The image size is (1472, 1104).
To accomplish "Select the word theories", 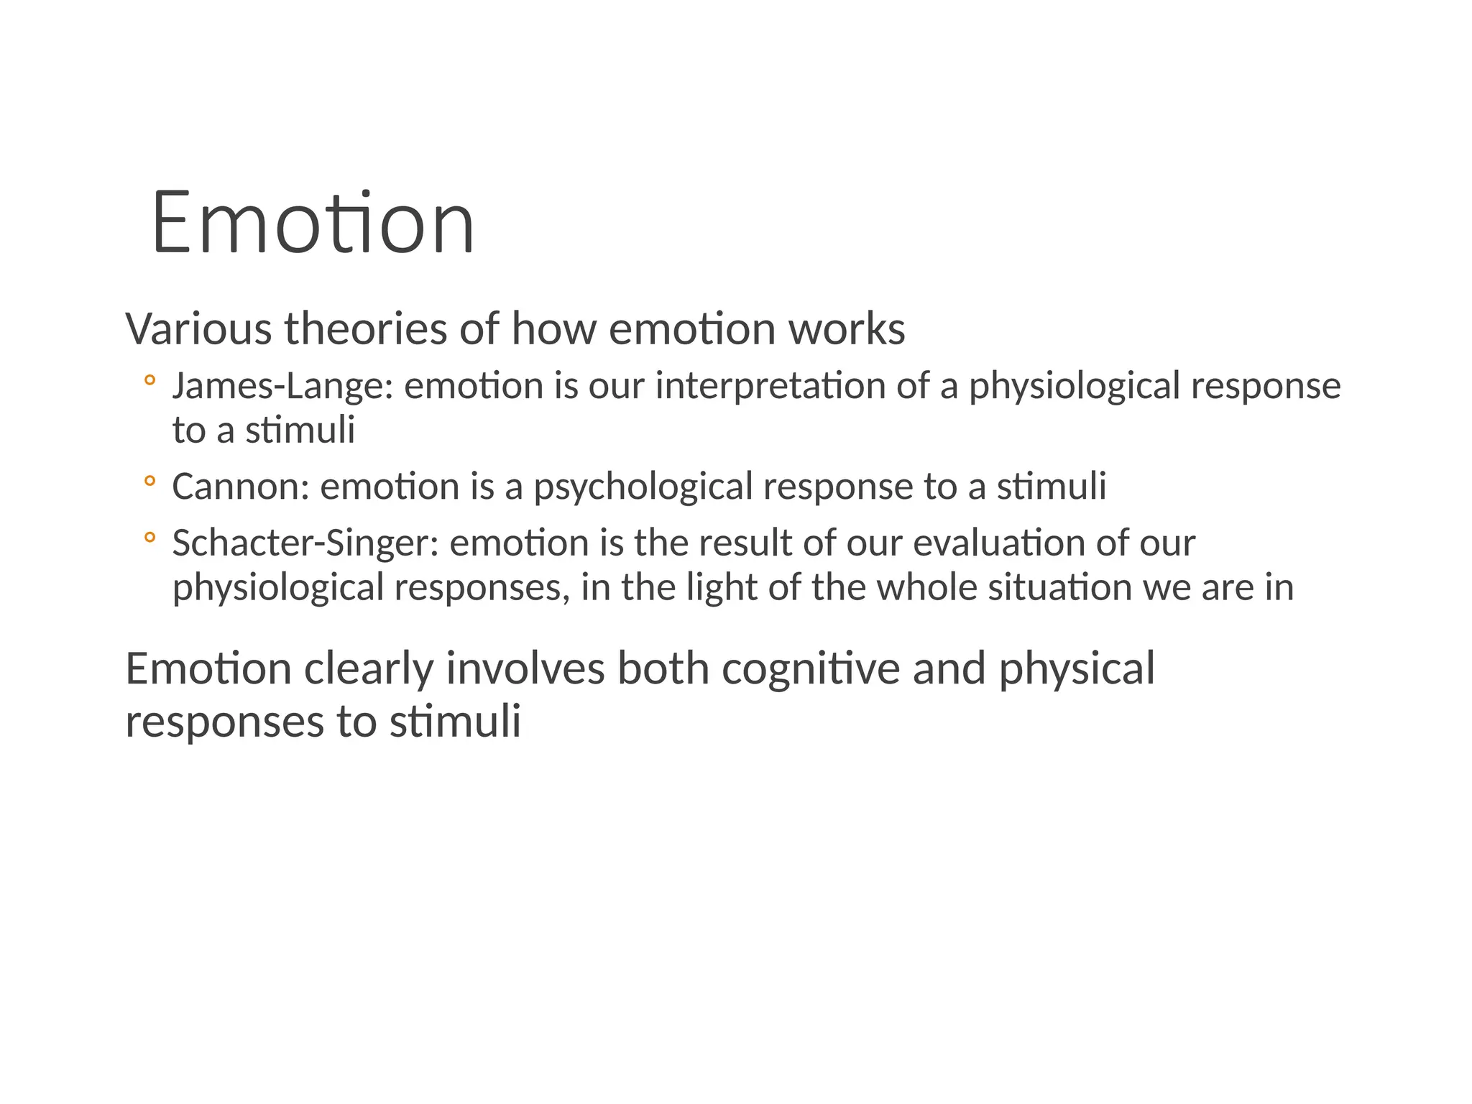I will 366,329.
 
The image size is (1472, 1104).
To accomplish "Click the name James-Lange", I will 282,387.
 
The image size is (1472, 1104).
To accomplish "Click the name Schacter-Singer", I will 305,543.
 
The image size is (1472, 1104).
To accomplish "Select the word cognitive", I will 811,669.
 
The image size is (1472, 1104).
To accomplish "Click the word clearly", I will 369,669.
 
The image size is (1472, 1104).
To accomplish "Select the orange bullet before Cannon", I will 149,481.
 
